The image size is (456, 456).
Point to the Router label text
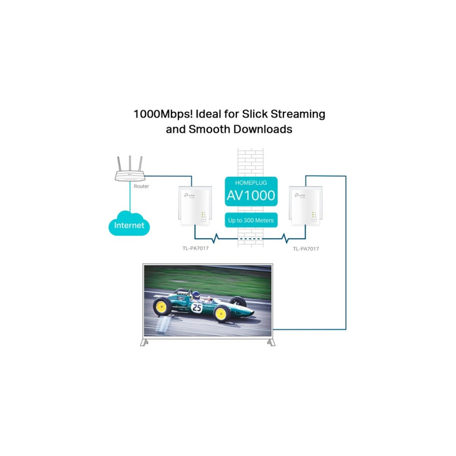click(141, 186)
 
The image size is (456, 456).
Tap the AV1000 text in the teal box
click(251, 196)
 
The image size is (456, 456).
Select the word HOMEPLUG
click(251, 182)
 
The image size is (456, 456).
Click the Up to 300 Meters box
click(251, 220)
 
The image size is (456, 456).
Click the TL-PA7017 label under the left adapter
click(195, 249)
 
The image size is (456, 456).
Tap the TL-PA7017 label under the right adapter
click(306, 249)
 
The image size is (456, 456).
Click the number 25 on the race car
click(197, 307)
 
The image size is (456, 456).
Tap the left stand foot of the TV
click(145, 343)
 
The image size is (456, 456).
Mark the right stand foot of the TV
click(269, 343)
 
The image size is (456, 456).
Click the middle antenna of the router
click(129, 161)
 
